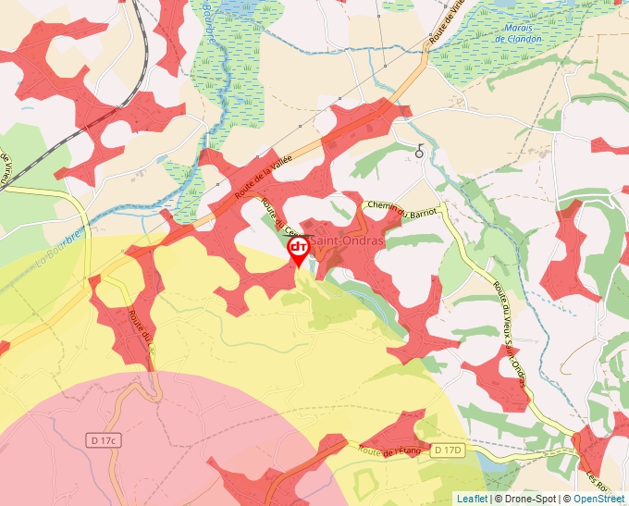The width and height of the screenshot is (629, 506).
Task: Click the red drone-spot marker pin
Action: coord(298,250)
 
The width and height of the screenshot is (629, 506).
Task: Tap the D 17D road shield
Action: coord(447,450)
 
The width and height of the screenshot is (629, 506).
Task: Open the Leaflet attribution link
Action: coord(472,499)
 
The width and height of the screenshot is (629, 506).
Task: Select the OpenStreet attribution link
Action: coord(598,499)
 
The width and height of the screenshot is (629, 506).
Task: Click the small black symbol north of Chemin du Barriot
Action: coord(420,152)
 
